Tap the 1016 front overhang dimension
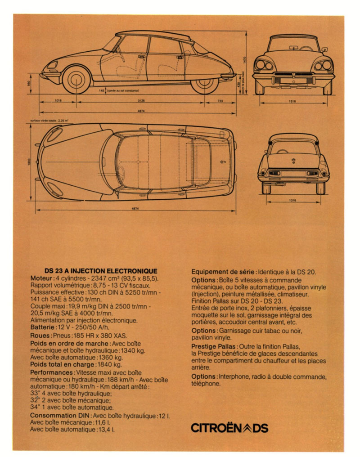(x=58, y=101)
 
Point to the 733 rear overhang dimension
(x=220, y=101)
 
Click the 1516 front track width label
(x=292, y=102)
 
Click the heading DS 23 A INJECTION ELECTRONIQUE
(x=101, y=271)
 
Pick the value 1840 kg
(x=110, y=365)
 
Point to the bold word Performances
(x=52, y=373)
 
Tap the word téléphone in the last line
(x=206, y=384)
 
